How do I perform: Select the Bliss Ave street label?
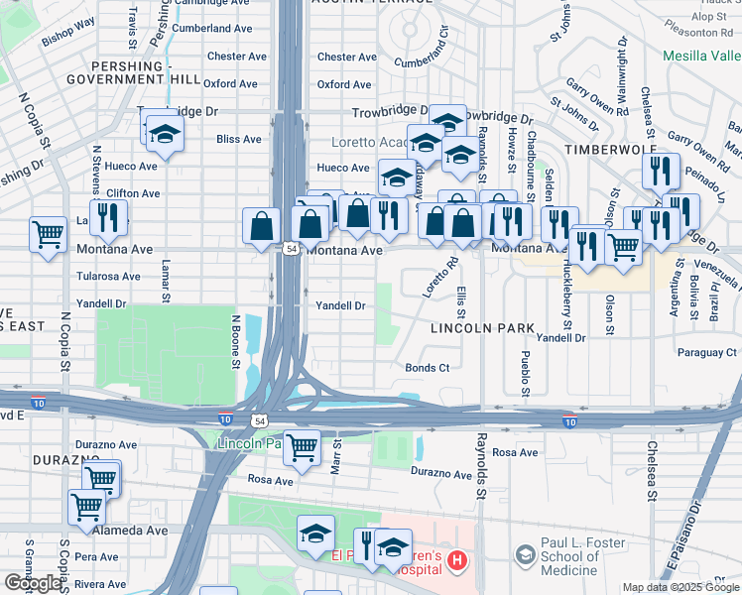pyautogui.click(x=238, y=139)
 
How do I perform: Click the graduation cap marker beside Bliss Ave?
pyautogui.click(x=165, y=134)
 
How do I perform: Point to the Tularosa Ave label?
pyautogui.click(x=108, y=277)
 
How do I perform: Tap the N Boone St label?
pyautogui.click(x=236, y=341)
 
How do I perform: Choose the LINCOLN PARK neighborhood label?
pyautogui.click(x=482, y=327)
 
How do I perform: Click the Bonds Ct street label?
pyautogui.click(x=428, y=368)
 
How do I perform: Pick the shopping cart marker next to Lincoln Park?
pyautogui.click(x=302, y=449)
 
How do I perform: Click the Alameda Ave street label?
pyautogui.click(x=130, y=531)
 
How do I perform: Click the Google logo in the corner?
pyautogui.click(x=34, y=584)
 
